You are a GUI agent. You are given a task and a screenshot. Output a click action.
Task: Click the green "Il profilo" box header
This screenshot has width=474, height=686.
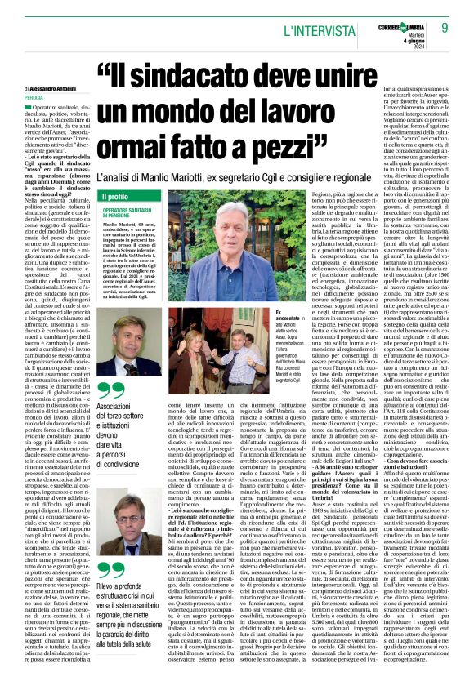[x=114, y=198]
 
